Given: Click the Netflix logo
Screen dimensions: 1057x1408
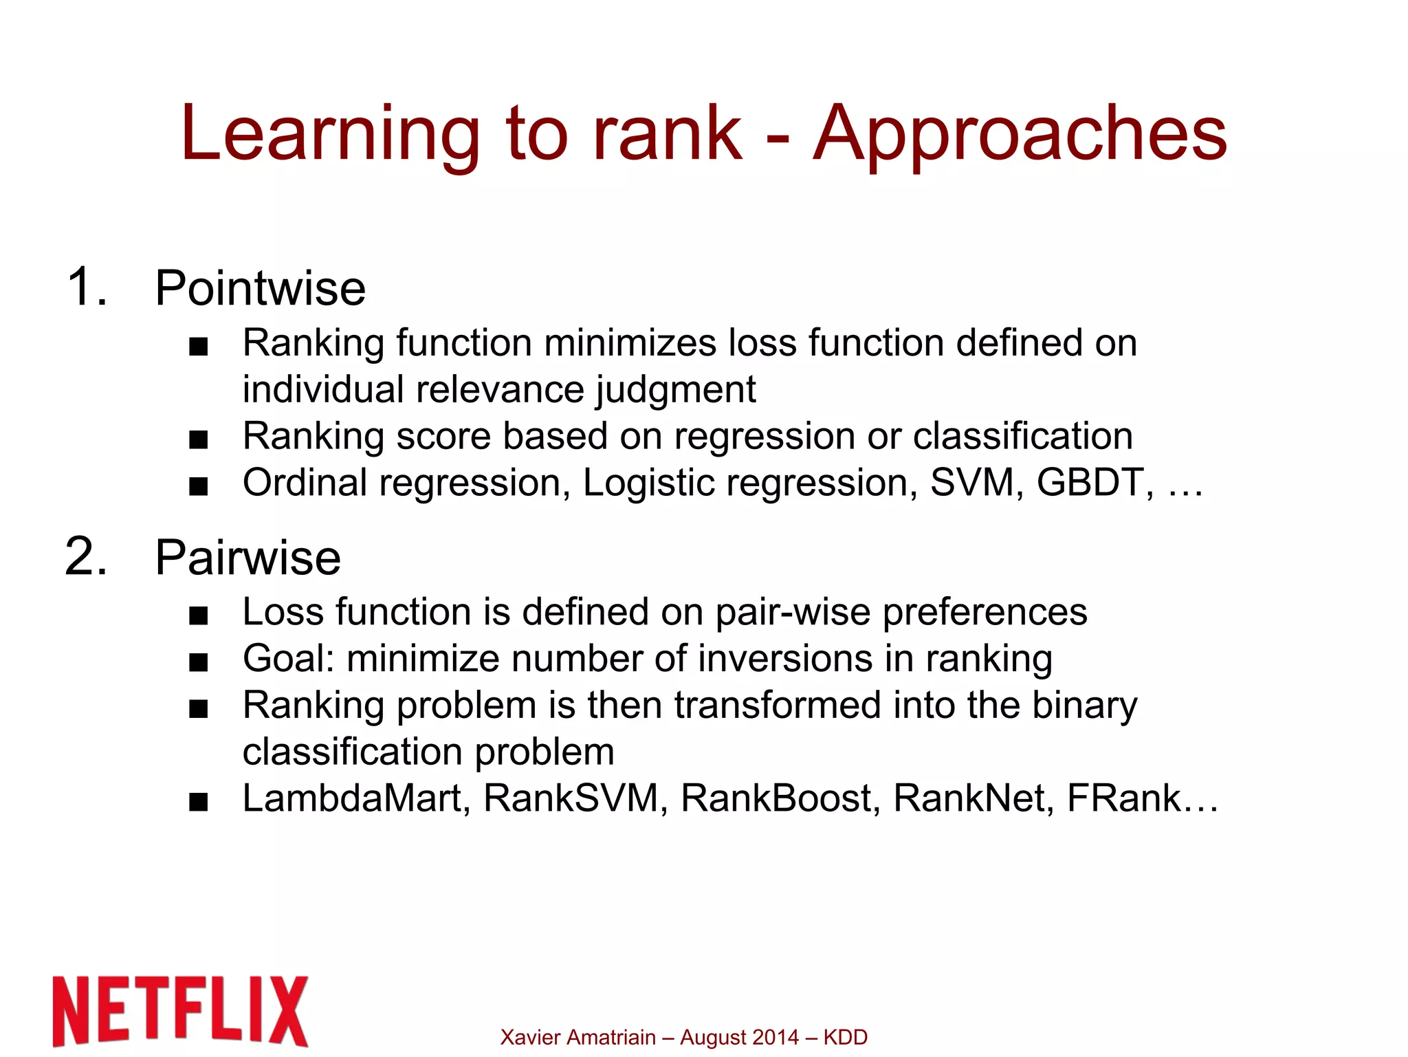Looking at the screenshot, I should [180, 1011].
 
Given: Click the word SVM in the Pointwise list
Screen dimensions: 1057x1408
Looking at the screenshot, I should [971, 482].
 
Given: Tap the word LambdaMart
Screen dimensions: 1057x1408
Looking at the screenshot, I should [351, 798].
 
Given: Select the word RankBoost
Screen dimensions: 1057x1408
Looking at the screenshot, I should [774, 798].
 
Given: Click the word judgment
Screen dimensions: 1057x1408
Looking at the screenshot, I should [676, 390].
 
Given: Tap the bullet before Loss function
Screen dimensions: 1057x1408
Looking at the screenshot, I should [198, 616].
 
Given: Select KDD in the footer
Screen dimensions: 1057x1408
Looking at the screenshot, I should [845, 1037].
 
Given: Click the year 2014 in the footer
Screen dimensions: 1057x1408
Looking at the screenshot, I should [775, 1037].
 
